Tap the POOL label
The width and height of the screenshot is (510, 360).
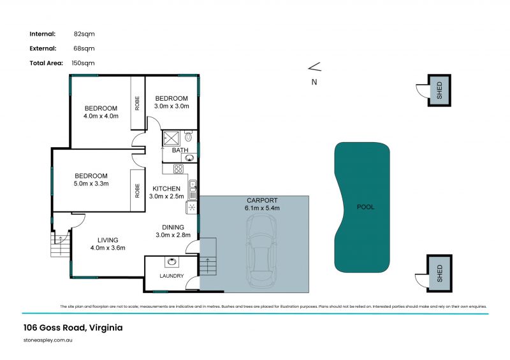pyautogui.click(x=365, y=207)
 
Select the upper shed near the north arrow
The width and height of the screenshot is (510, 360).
pyautogui.click(x=439, y=90)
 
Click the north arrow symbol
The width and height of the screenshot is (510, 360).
pyautogui.click(x=314, y=67)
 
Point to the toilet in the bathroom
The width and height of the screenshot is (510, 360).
pyautogui.click(x=188, y=136)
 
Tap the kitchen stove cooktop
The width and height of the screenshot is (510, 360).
pyautogui.click(x=178, y=169)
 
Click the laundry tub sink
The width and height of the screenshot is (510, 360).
pyautogui.click(x=171, y=262)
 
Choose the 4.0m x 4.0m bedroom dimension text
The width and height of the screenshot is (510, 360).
pyautogui.click(x=101, y=117)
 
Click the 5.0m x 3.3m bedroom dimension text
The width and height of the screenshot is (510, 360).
pyautogui.click(x=91, y=184)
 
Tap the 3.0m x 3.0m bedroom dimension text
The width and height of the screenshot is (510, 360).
pyautogui.click(x=171, y=106)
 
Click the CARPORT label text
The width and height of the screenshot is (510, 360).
pyautogui.click(x=262, y=200)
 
